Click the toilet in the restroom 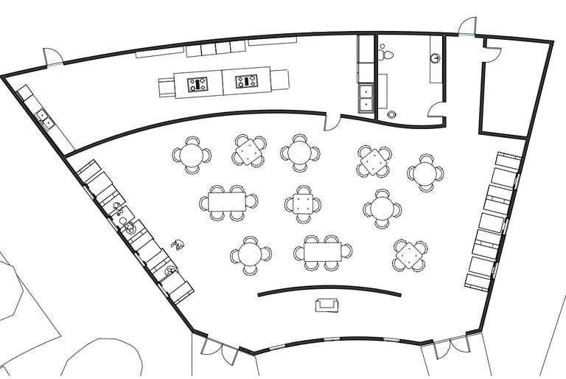[x=386, y=52]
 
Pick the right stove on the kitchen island [x=246, y=80]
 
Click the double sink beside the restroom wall [x=366, y=98]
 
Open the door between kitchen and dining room [x=333, y=121]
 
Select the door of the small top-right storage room [x=492, y=52]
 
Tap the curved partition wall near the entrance [x=329, y=289]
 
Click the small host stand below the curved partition [x=327, y=305]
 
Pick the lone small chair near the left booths [x=177, y=244]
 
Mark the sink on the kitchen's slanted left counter [x=44, y=119]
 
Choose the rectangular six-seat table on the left [x=226, y=201]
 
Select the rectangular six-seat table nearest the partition [x=322, y=251]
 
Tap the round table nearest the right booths [x=425, y=173]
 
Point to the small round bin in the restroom [x=391, y=114]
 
